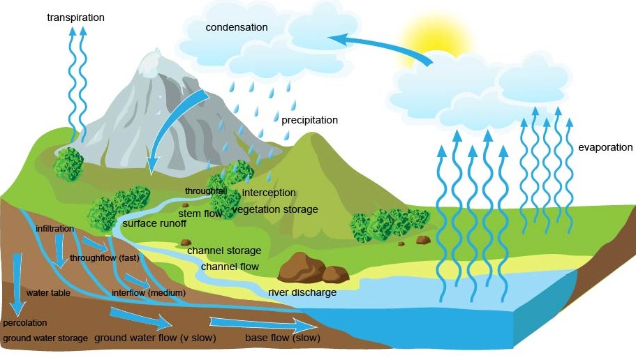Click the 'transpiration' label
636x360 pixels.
[x=75, y=17]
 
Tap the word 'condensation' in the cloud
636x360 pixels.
[x=237, y=27]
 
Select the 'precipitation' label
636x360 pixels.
[x=309, y=120]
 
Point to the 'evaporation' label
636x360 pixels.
[x=605, y=147]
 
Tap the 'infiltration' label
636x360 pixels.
[x=54, y=229]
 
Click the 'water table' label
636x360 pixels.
[x=48, y=293]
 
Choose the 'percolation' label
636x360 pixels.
[x=25, y=323]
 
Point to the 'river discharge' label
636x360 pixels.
[x=302, y=292]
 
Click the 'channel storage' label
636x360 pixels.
[x=224, y=250]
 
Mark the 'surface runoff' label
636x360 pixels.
[x=154, y=223]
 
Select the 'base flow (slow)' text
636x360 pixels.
[x=282, y=338]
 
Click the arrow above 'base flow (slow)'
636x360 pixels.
[x=263, y=324]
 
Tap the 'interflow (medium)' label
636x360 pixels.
[x=149, y=293]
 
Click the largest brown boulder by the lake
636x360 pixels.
[x=302, y=267]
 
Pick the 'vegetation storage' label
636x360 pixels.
[x=275, y=209]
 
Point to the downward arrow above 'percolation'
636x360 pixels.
[x=17, y=285]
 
